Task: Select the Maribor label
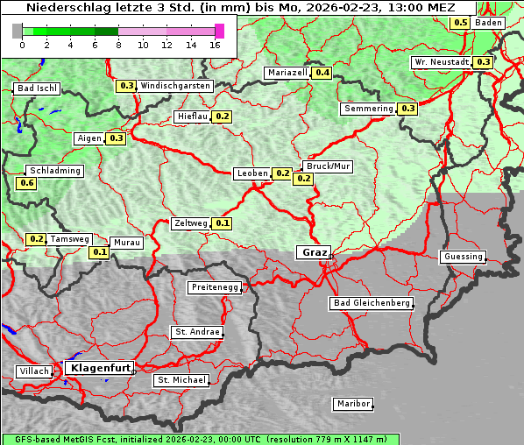pyautogui.click(x=353, y=404)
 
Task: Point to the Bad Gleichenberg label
pyautogui.click(x=372, y=303)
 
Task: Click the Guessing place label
pyautogui.click(x=463, y=257)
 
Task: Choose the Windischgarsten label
pyautogui.click(x=175, y=86)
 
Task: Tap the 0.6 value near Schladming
pyautogui.click(x=26, y=183)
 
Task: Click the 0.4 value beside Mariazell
pyautogui.click(x=322, y=73)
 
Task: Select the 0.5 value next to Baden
pyautogui.click(x=460, y=22)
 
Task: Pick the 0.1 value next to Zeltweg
pyautogui.click(x=223, y=223)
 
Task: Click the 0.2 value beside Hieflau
pyautogui.click(x=222, y=117)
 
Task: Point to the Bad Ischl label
pyautogui.click(x=37, y=88)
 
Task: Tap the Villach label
pyautogui.click(x=34, y=371)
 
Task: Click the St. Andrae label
pyautogui.click(x=196, y=332)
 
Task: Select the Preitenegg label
pyautogui.click(x=212, y=287)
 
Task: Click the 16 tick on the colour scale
pyautogui.click(x=216, y=44)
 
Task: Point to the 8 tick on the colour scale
pyautogui.click(x=118, y=44)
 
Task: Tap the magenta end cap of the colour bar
pyautogui.click(x=219, y=31)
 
